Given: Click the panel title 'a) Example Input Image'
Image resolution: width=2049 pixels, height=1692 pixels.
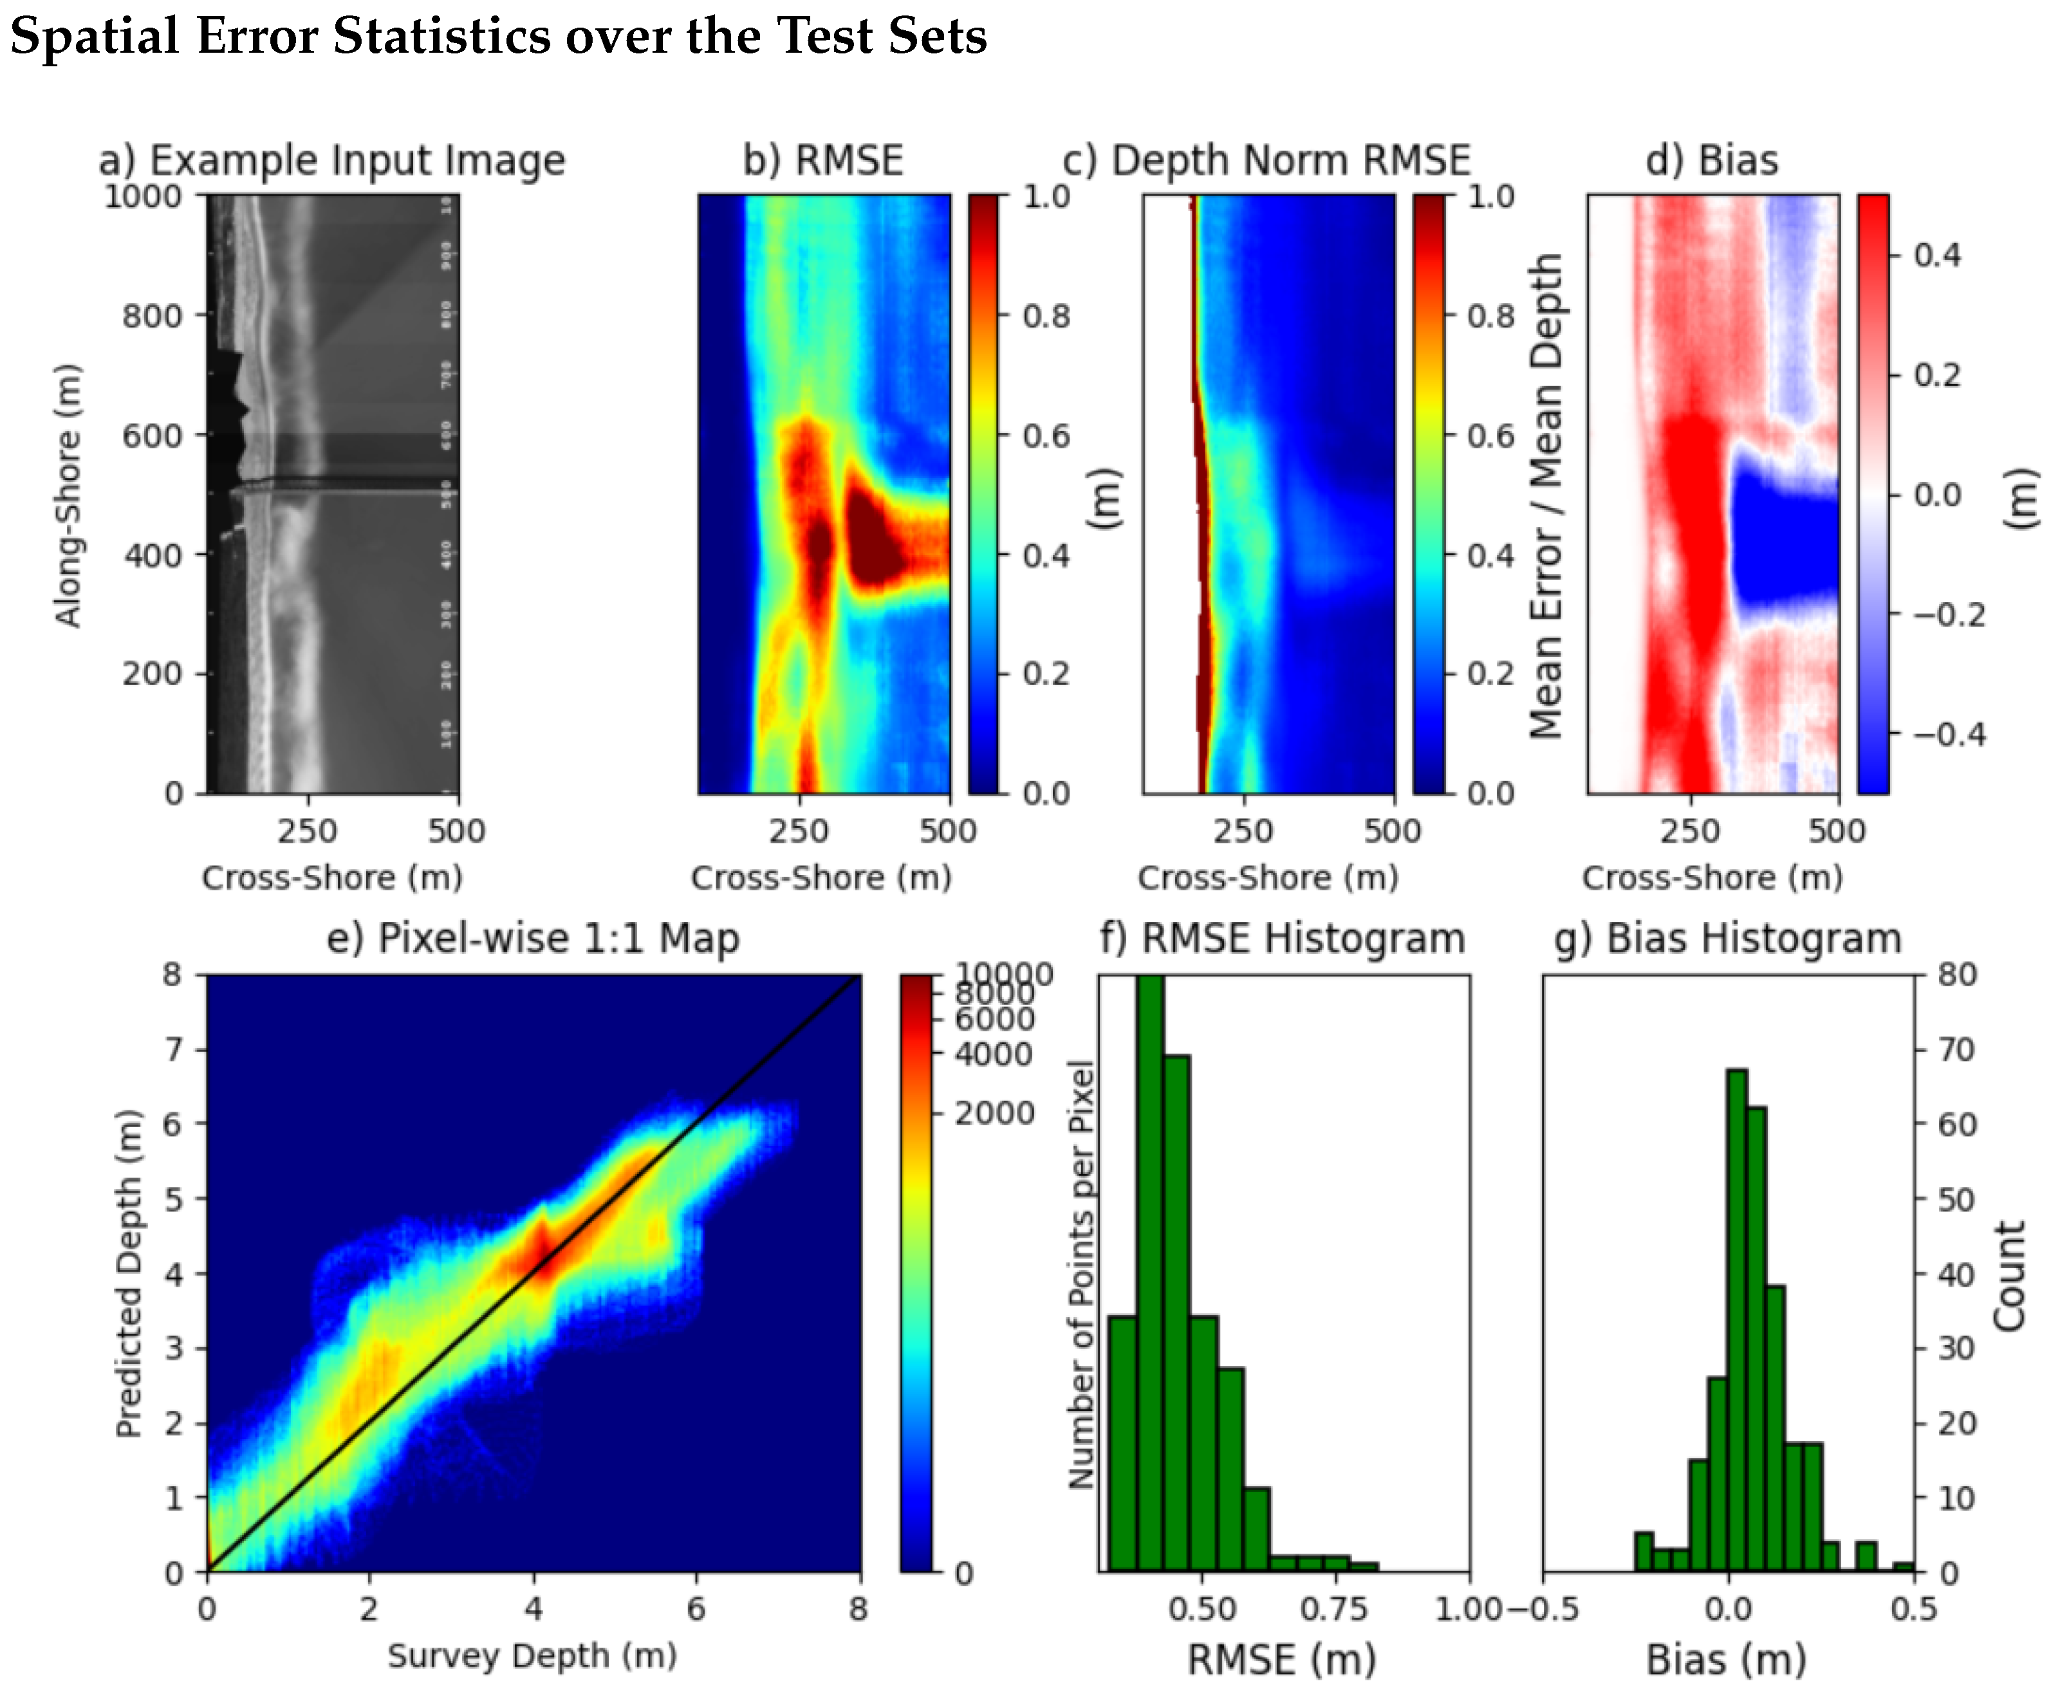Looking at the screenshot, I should [331, 160].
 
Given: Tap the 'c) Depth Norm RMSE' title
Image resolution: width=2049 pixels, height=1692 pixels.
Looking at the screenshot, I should [1266, 160].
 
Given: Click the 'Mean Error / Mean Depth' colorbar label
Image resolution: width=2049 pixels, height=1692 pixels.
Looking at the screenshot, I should [1545, 495].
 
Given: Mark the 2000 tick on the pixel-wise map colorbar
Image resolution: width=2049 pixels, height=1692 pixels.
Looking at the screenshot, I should [994, 1112].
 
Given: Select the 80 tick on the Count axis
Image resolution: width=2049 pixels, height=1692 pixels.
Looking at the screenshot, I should [1956, 975].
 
